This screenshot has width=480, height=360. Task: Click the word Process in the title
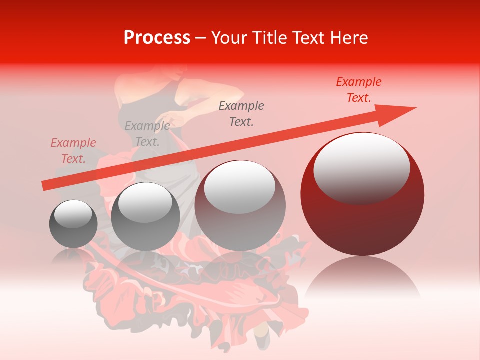click(157, 38)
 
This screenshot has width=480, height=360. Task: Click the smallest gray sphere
click(73, 224)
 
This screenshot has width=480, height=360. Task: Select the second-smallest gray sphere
click(145, 216)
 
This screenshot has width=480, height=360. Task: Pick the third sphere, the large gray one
click(240, 205)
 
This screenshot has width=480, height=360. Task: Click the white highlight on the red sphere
click(361, 168)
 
